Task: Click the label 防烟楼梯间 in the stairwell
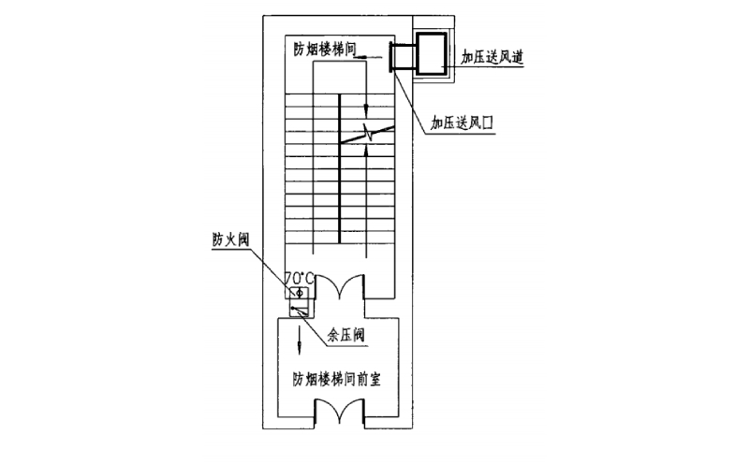coord(324,49)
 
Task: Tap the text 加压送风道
coord(492,58)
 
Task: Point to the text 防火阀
coord(228,239)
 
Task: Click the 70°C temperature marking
coord(300,277)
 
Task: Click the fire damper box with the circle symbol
coord(299,294)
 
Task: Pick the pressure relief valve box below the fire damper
coord(299,311)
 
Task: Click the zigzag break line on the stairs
coord(368,135)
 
